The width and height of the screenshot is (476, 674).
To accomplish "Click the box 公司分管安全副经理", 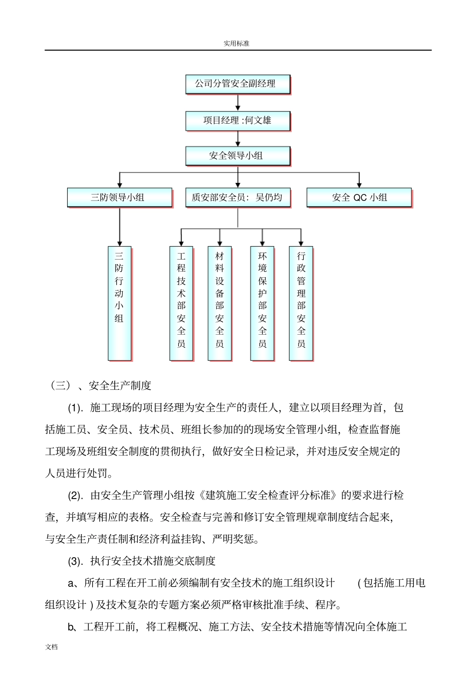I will tap(237, 84).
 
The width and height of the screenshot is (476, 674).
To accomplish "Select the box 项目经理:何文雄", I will tap(237, 121).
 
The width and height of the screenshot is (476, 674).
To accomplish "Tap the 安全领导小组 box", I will tap(237, 156).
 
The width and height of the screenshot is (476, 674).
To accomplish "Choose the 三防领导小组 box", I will tap(119, 197).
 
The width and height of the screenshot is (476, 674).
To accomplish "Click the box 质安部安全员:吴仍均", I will tap(237, 197).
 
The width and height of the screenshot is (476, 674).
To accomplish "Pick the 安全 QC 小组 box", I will tap(359, 197).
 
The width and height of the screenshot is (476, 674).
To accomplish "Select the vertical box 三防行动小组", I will tap(119, 303).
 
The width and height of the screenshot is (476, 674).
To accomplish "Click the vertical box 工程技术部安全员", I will tap(181, 303).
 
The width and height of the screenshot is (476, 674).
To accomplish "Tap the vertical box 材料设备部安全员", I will tap(219, 303).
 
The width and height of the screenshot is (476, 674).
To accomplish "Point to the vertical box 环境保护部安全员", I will tap(263, 303).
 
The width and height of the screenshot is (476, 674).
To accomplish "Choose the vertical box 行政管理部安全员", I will tap(301, 303).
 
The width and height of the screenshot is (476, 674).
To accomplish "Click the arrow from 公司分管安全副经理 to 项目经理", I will tap(238, 103).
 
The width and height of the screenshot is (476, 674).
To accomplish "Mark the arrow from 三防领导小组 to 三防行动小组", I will tap(120, 227).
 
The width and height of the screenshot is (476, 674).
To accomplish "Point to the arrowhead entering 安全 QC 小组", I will tap(359, 184).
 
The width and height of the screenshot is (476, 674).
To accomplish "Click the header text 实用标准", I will tap(236, 44).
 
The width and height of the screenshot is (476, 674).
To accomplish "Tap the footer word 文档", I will tap(52, 647).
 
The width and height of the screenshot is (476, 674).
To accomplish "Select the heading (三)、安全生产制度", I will tap(101, 385).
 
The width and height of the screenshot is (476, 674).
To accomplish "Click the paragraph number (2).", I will tap(76, 496).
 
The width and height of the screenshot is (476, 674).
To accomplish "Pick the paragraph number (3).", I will tap(76, 561).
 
